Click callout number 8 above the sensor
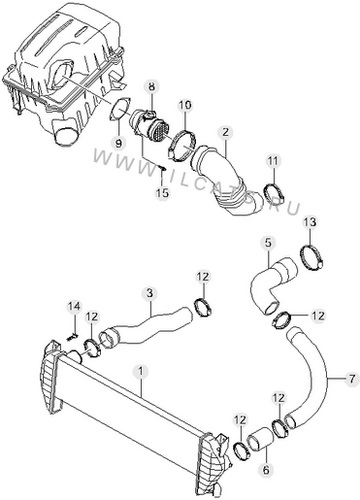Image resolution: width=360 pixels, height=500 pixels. pos(152,87)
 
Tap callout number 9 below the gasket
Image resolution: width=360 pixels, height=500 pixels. pos(119,143)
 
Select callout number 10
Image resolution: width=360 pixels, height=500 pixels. pos(185,105)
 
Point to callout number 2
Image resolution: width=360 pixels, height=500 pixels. pos(226,132)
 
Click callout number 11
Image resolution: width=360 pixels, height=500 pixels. pos(273,161)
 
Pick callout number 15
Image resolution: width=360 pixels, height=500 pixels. pos(163,193)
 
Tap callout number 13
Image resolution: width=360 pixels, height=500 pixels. pos(310,222)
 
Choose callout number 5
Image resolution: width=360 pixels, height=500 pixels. pos(268,243)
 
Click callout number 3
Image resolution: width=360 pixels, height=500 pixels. pos(150,293)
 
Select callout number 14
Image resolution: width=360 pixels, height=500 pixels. pos(74,306)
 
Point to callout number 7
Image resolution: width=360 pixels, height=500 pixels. pos(352,378)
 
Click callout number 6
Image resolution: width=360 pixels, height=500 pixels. pos(266,470)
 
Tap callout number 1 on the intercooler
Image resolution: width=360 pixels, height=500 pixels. pos(141,371)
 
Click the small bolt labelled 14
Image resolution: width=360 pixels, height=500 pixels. pos(72,337)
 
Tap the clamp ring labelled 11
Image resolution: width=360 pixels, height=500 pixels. pos(274,194)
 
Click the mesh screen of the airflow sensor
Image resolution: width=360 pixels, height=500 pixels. pos(159,131)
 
